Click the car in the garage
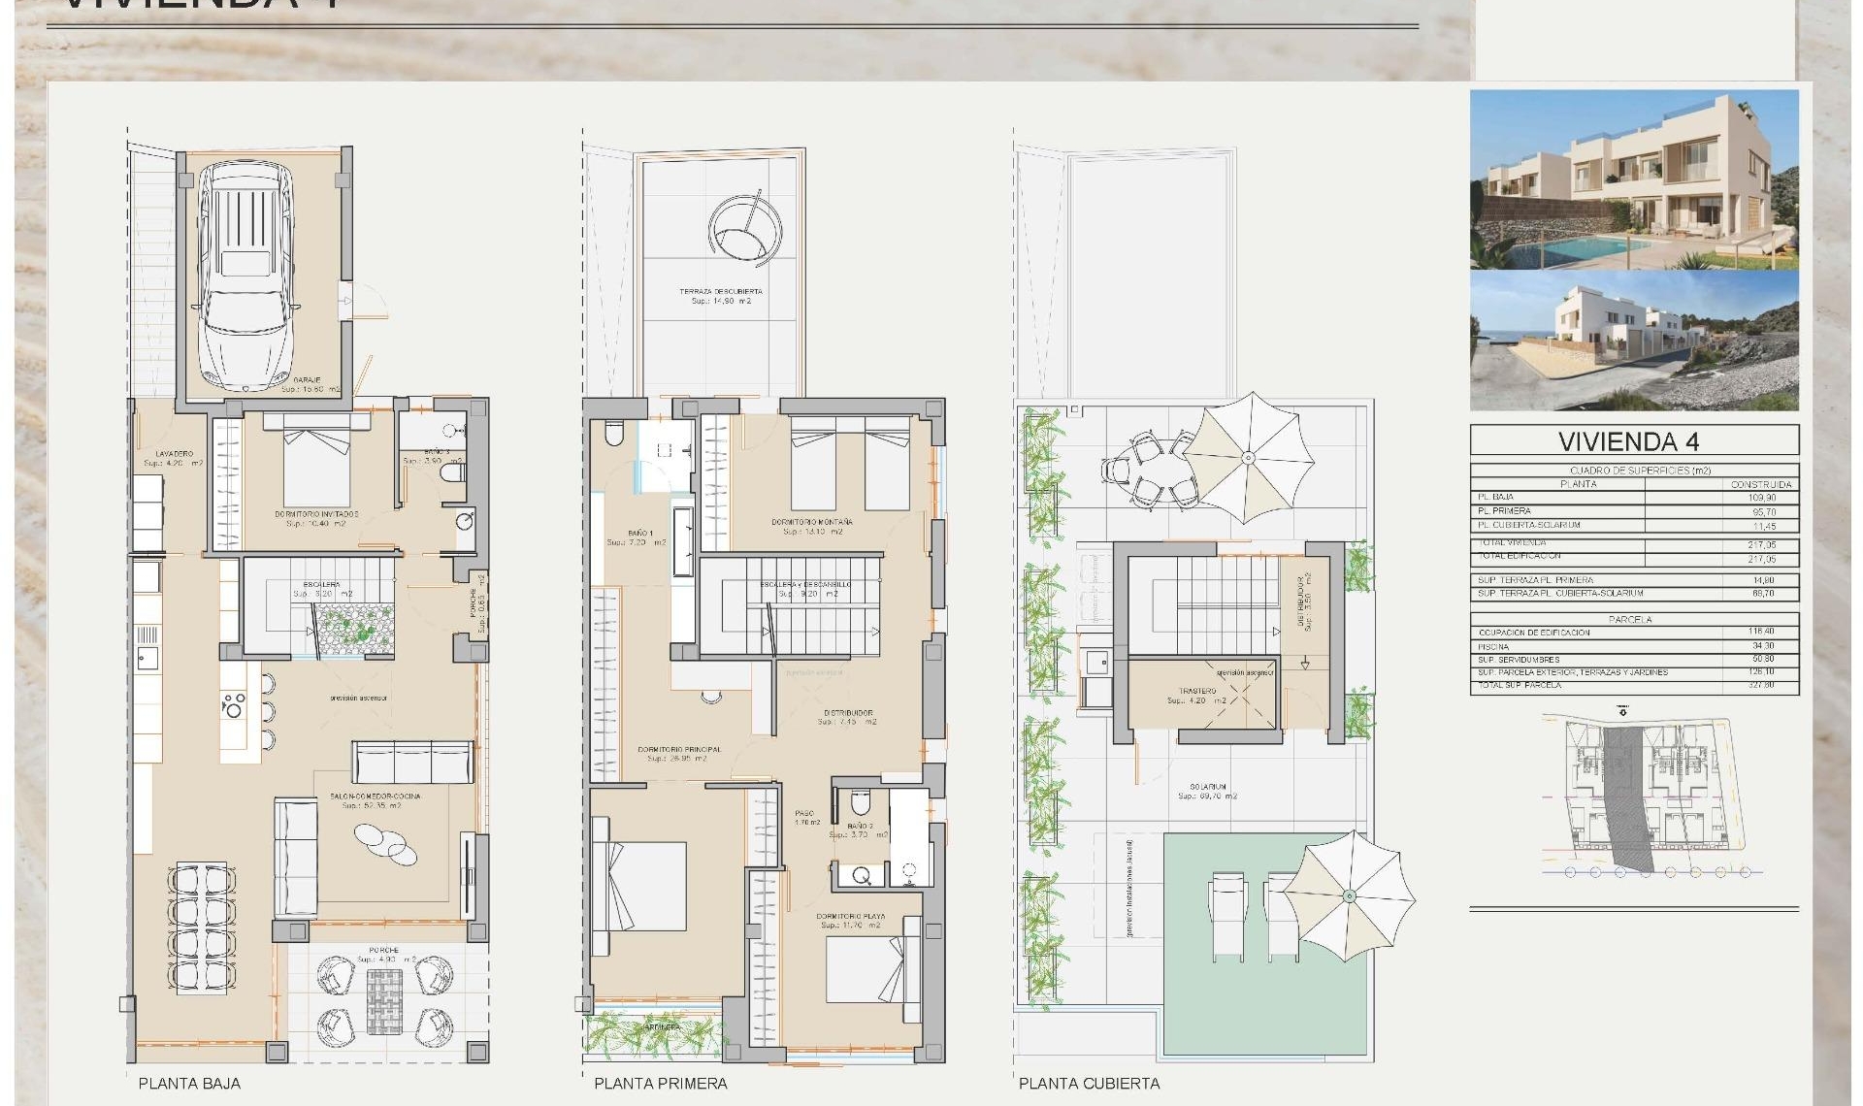[x=245, y=276]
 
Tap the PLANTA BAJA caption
[x=189, y=1084]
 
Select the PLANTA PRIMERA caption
[x=660, y=1084]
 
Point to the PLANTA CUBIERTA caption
[x=1089, y=1084]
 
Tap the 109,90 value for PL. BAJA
[x=1762, y=497]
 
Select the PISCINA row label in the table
[x=1493, y=646]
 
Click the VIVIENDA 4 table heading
[x=1628, y=441]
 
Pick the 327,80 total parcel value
[x=1761, y=685]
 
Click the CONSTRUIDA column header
[x=1761, y=483]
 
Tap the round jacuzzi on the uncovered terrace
[x=744, y=230]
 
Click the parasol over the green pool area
[x=1350, y=895]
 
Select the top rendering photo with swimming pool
[x=1634, y=179]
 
